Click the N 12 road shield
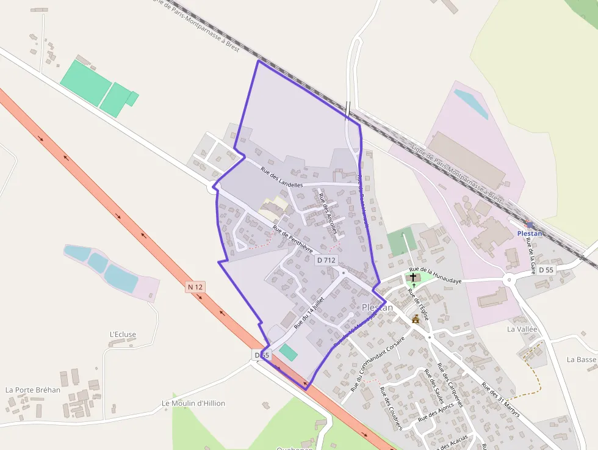point(195,287)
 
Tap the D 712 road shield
point(326,260)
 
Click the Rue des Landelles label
point(281,177)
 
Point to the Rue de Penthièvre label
point(293,240)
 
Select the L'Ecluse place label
point(123,335)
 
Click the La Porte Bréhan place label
point(33,390)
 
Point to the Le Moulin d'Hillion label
point(193,404)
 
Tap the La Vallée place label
point(522,328)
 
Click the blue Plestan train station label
point(530,233)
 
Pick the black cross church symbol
point(413,277)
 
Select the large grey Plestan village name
point(377,308)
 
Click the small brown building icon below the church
point(416,319)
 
